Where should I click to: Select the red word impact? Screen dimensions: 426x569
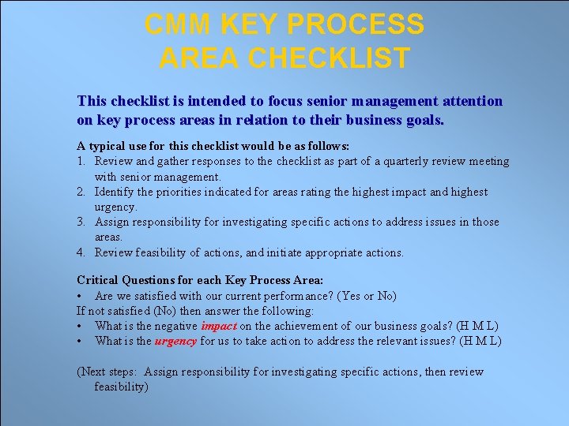219,326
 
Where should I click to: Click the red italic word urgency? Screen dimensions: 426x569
175,341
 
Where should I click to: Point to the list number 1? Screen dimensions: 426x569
81,162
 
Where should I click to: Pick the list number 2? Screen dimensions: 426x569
81,192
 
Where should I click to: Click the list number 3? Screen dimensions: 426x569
81,222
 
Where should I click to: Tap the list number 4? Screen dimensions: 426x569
81,253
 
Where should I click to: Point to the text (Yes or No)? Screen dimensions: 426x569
367,296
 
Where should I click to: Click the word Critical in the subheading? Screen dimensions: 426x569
98,280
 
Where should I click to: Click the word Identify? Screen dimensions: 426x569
115,192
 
